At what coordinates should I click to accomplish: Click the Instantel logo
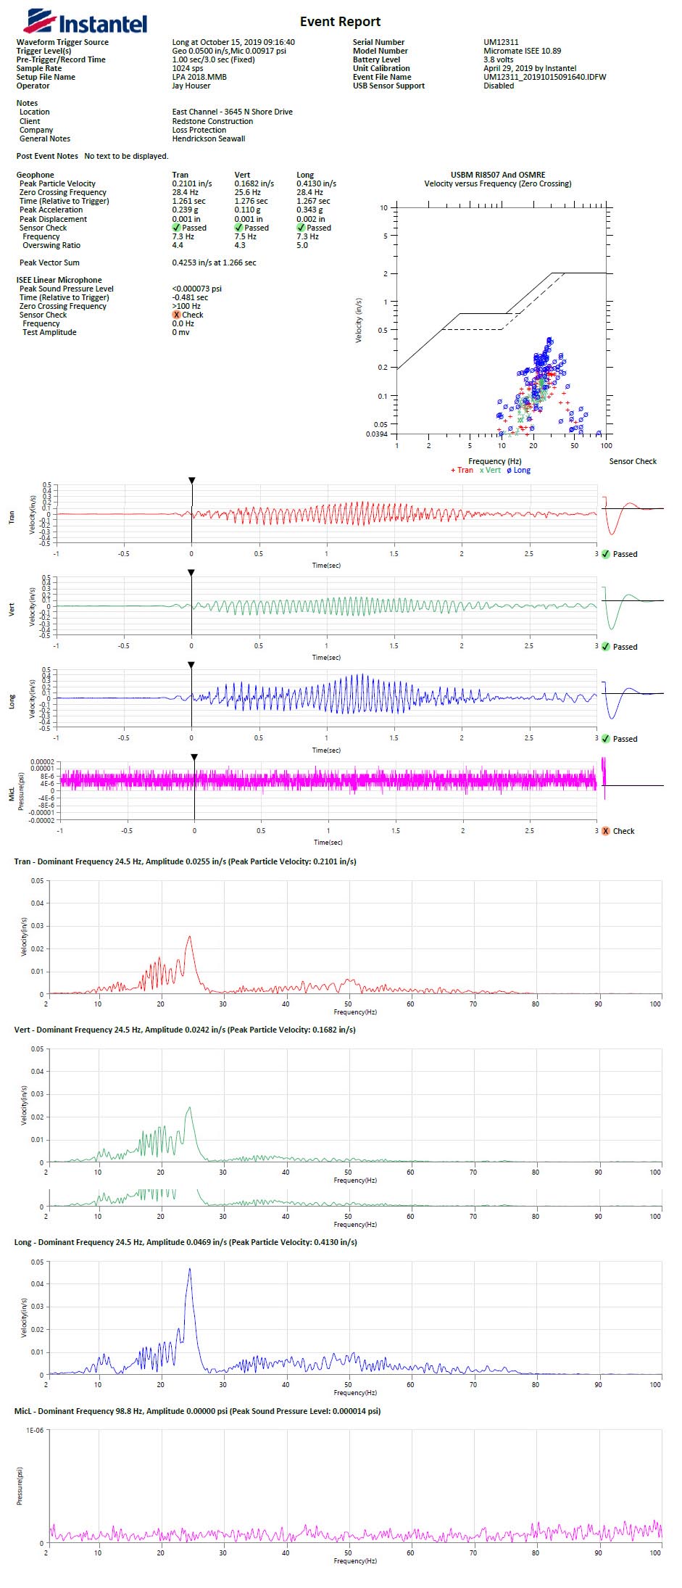pos(85,23)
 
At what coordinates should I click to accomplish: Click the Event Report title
pos(340,22)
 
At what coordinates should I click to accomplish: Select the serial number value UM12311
pos(501,42)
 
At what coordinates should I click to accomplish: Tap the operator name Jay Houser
pos(191,86)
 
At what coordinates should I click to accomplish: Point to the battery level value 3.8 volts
pos(498,59)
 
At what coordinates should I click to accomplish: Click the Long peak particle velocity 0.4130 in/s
pos(316,183)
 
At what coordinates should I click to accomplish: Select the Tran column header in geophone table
pos(180,175)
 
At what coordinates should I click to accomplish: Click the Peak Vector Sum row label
pos(49,262)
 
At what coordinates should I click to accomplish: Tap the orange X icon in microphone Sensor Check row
pos(176,315)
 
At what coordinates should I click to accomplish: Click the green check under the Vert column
pos(239,228)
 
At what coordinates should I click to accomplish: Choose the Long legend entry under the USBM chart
pos(519,470)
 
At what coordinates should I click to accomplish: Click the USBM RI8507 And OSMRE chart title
pos(498,175)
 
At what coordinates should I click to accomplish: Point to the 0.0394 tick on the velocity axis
pos(378,434)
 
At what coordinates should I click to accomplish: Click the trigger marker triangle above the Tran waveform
pos(191,480)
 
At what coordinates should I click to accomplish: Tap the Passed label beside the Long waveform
pos(625,739)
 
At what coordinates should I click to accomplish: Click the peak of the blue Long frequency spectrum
pos(190,1269)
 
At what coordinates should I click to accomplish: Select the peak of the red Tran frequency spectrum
pos(189,936)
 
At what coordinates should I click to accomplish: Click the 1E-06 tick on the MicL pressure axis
pos(35,1431)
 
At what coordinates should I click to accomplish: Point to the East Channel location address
pos(232,112)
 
